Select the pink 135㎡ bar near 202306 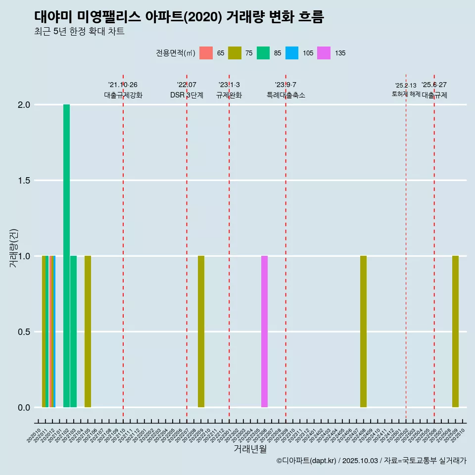[264, 332]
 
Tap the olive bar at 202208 [201, 332]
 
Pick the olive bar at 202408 [363, 332]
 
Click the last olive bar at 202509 [455, 332]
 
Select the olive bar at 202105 [88, 332]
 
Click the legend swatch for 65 [206, 53]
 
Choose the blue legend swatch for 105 [292, 53]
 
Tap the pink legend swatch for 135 [324, 53]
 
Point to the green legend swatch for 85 [263, 53]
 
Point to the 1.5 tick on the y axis [23, 181]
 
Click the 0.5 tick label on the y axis [23, 332]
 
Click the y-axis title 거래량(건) [14, 247]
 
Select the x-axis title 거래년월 [250, 449]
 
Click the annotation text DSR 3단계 [187, 95]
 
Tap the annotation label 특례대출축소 [285, 95]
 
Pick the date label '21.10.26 [123, 85]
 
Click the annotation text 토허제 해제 [406, 94]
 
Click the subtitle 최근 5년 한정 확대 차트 [79, 32]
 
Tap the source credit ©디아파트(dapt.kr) [307, 461]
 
